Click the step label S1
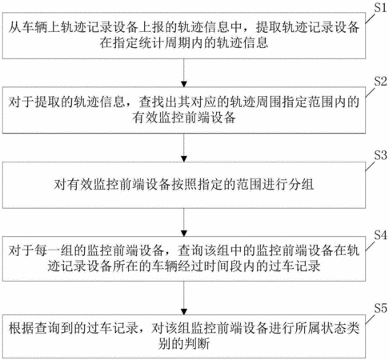[380, 7]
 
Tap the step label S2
[380, 81]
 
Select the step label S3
[380, 155]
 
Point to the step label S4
[380, 235]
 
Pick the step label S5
[380, 308]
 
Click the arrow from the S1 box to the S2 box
[184, 73]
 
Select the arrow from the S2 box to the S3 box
[184, 147]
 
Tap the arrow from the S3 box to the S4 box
[184, 222]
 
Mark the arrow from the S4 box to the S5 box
[184, 298]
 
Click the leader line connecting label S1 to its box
[370, 18]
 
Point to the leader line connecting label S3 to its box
[370, 166]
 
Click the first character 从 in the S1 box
[14, 27]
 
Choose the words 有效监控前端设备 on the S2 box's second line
[184, 118]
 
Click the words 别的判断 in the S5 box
[184, 343]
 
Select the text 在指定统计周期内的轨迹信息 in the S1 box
[184, 42]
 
